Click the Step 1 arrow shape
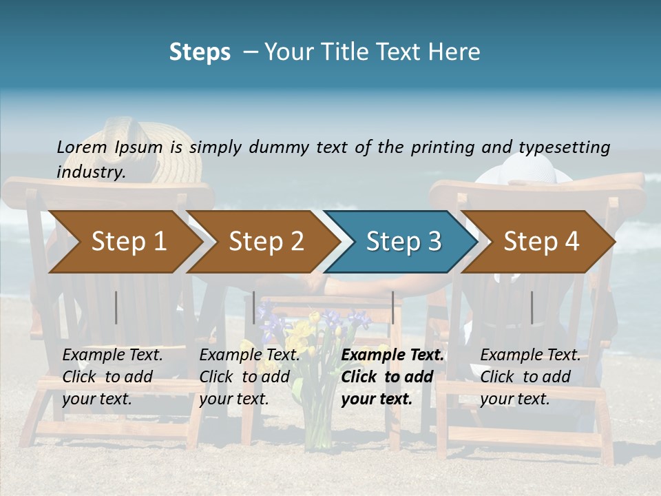click(128, 242)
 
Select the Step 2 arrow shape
click(266, 242)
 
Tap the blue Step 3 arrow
click(403, 242)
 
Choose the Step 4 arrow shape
click(541, 242)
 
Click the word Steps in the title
click(200, 52)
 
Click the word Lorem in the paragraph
click(81, 147)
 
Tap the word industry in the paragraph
click(90, 172)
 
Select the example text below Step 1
click(112, 376)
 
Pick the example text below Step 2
click(249, 376)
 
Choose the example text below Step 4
click(530, 376)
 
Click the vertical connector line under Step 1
click(116, 307)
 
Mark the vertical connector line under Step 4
click(532, 307)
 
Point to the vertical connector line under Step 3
click(393, 307)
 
